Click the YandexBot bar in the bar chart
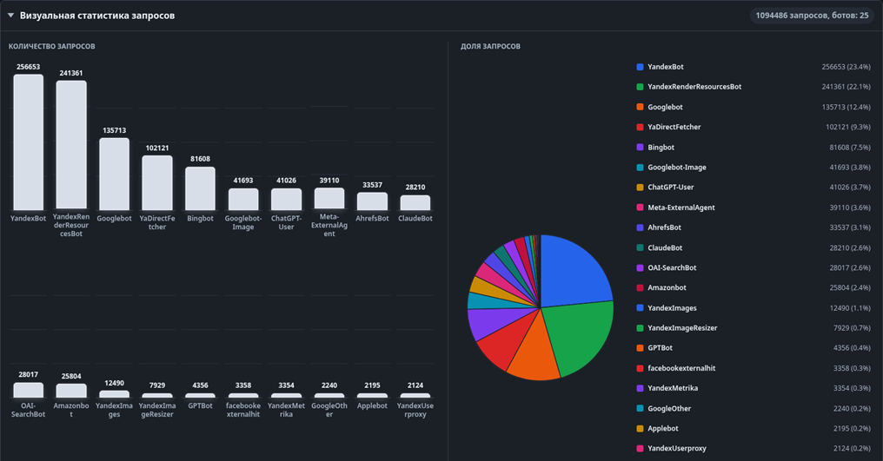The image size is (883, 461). click(28, 142)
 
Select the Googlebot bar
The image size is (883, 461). click(115, 175)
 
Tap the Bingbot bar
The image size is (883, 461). click(201, 188)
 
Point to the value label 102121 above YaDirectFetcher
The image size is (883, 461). click(157, 148)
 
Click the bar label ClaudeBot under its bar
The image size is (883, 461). click(415, 219)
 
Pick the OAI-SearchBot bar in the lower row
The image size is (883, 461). click(28, 390)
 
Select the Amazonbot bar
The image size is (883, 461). click(71, 391)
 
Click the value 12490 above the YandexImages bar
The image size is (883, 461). click(115, 384)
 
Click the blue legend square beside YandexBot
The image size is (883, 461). click(640, 67)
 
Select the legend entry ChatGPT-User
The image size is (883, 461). click(671, 188)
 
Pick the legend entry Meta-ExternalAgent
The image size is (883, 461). click(681, 207)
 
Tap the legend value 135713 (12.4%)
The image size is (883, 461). click(846, 107)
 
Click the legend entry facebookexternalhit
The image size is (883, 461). click(681, 368)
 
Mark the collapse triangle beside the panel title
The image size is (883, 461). click(10, 16)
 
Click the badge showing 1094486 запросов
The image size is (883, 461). click(812, 16)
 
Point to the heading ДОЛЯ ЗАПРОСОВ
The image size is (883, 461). click(490, 46)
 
